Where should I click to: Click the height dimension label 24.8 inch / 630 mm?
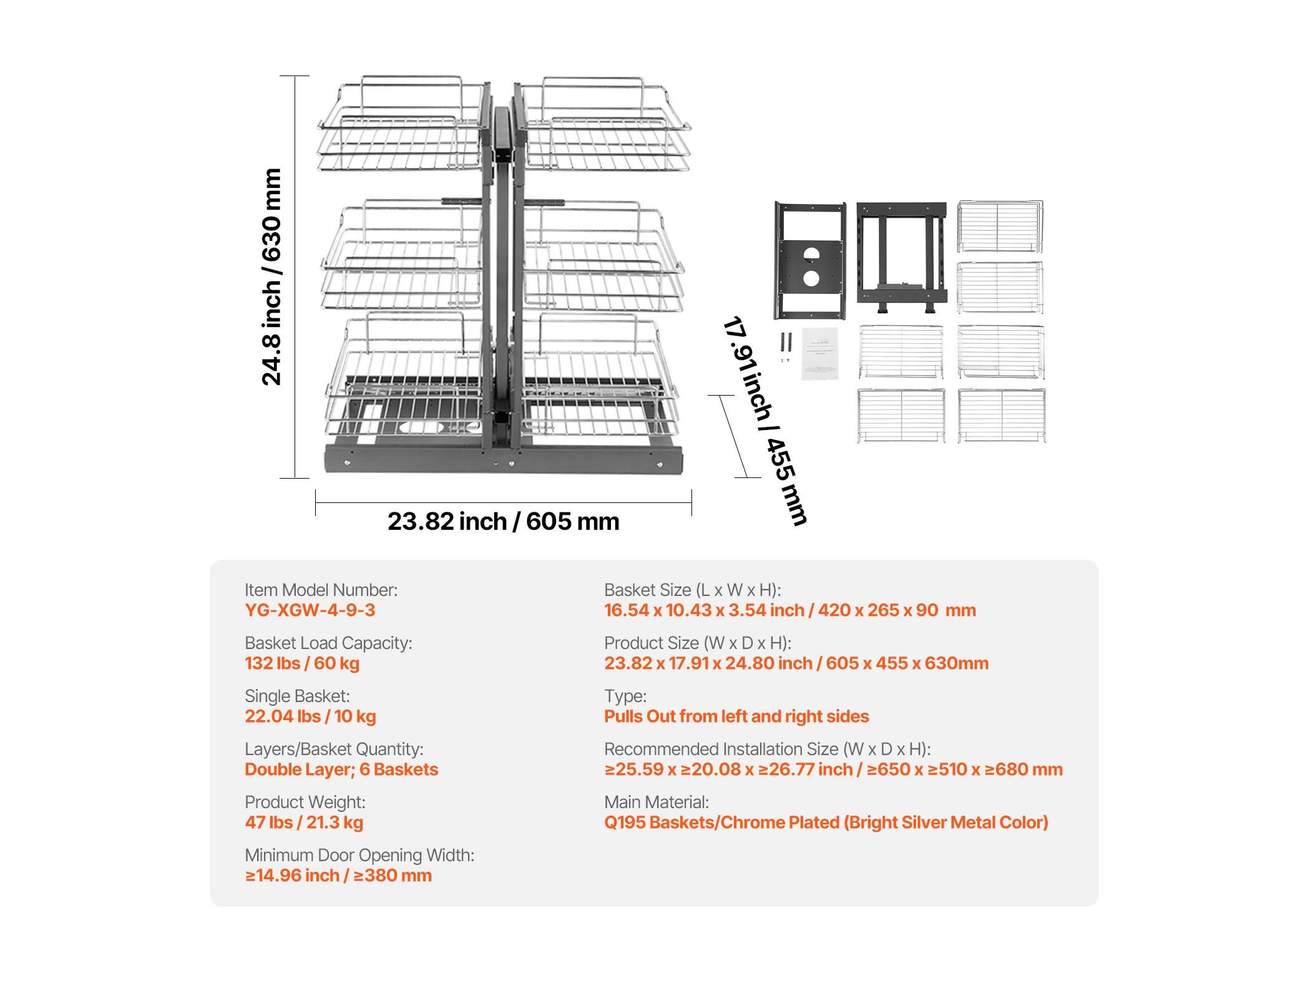click(271, 276)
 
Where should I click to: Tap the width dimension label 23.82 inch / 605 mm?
click(504, 521)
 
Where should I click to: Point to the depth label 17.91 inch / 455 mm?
click(765, 421)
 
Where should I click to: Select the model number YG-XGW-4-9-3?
click(310, 610)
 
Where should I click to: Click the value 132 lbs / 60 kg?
click(302, 663)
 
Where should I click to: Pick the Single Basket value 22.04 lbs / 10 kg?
click(310, 716)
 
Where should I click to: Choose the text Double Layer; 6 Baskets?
click(341, 769)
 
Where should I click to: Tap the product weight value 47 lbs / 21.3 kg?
click(304, 822)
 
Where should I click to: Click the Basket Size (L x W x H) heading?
click(693, 590)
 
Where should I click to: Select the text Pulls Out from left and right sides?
click(736, 716)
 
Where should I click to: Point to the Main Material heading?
click(656, 802)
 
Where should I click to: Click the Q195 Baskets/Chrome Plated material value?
click(826, 822)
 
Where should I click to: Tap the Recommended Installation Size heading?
click(768, 749)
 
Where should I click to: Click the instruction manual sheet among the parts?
click(820, 353)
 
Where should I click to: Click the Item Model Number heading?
click(321, 590)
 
